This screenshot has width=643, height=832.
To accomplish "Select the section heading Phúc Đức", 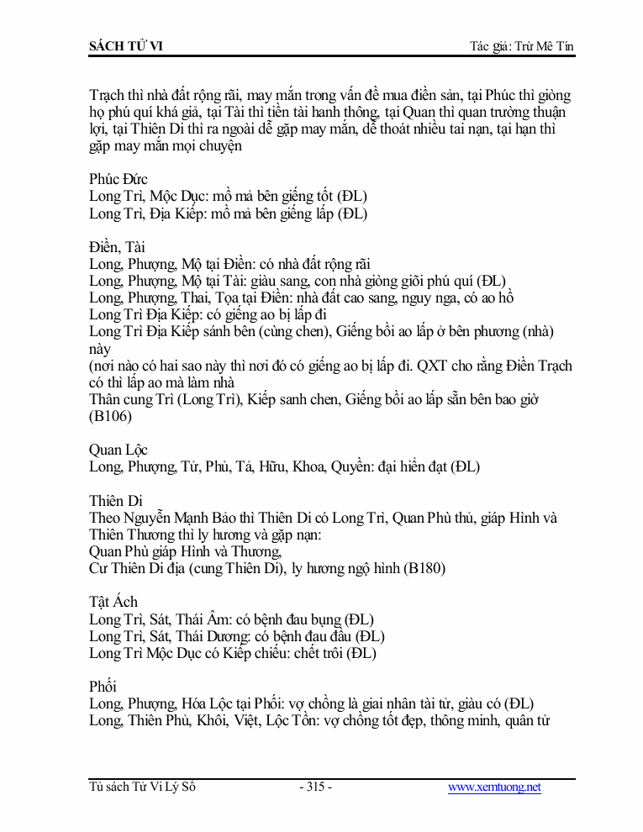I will tap(119, 180).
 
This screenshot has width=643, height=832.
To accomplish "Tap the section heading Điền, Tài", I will tap(117, 247).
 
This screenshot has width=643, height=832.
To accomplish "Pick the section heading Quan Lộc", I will tap(119, 450).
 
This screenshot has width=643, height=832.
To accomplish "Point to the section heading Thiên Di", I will tap(116, 501).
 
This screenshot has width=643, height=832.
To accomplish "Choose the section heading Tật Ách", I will tap(113, 602).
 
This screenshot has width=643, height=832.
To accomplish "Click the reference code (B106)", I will tap(110, 416).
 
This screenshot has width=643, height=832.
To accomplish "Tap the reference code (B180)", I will tap(424, 568).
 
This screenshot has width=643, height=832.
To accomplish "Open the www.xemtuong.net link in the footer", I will tap(494, 787).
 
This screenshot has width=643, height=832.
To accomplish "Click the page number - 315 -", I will tap(315, 787).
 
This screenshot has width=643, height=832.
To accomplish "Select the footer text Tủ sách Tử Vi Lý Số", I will tap(143, 787).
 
